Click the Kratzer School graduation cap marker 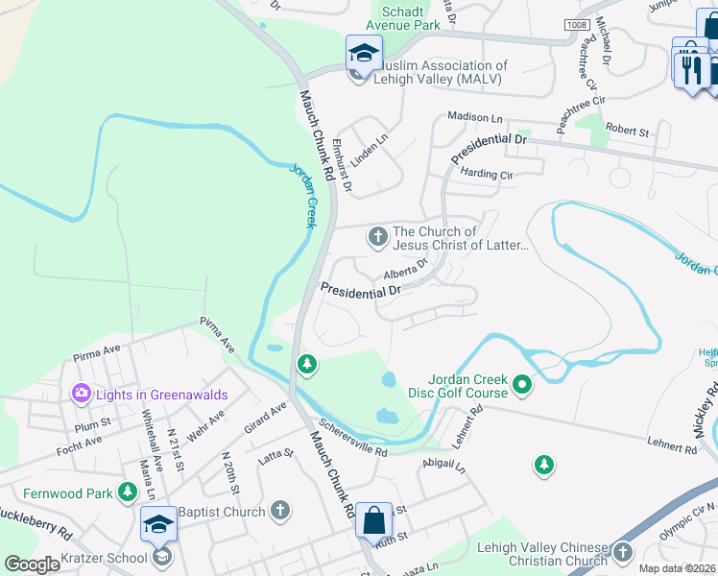(158, 524)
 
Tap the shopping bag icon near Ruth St (373, 520)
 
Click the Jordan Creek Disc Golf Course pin (522, 386)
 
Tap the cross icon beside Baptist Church (279, 510)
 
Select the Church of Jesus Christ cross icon (378, 235)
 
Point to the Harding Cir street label (487, 175)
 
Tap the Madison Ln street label (475, 117)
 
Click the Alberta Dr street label (404, 276)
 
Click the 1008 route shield (576, 24)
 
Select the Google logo (32, 564)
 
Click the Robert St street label (628, 128)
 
